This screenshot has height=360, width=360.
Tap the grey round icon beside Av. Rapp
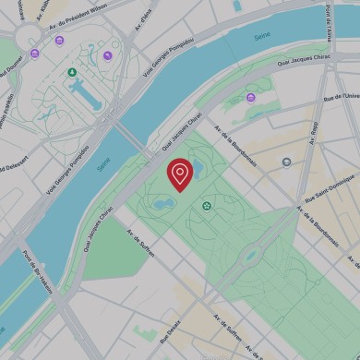click(287, 162)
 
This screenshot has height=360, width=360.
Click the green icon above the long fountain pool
click(72, 72)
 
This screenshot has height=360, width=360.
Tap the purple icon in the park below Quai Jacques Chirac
click(250, 98)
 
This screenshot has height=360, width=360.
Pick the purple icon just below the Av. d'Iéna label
click(107, 55)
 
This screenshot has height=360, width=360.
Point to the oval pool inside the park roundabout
click(248, 257)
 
